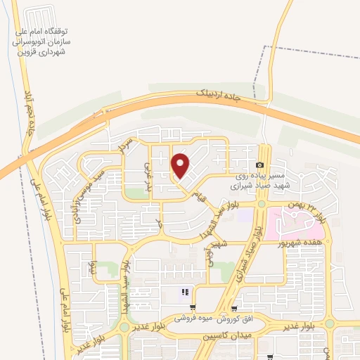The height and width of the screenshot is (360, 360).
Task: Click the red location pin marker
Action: [x=181, y=166]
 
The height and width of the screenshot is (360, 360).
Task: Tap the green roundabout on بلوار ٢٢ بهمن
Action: [x=261, y=205]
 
